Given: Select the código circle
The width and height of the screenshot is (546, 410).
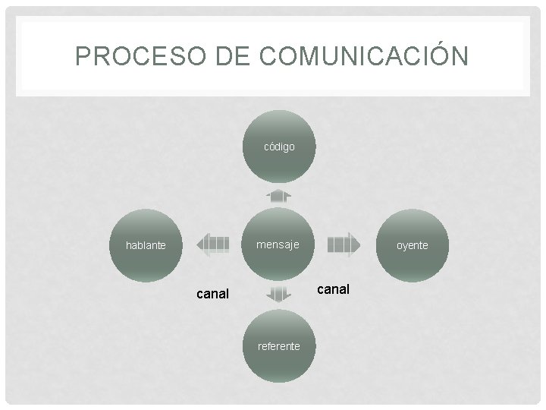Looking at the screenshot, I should tap(279, 147).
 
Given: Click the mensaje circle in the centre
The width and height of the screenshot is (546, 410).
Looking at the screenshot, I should tap(278, 244).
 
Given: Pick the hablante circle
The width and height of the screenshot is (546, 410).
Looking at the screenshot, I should tap(146, 245).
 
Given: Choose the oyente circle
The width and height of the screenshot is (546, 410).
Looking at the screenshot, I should tap(413, 245).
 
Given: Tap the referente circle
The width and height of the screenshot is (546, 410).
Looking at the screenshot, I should tap(279, 346).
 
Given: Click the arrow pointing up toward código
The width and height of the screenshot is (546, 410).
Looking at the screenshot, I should tap(279, 195).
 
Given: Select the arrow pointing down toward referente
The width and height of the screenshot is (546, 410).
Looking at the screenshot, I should tap(279, 295).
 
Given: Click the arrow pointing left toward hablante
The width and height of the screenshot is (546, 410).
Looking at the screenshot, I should tap(212, 244).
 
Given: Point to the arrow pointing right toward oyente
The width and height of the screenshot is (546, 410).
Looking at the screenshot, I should tap(344, 244).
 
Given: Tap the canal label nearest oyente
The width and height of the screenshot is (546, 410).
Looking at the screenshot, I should tap(333, 289).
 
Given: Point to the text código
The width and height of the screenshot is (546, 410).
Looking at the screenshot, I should tap(279, 147).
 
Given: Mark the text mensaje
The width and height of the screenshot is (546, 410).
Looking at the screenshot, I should tap(278, 244).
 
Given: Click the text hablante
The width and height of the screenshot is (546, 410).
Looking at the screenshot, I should tap(146, 245).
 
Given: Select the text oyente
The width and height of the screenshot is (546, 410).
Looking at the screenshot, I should tap(413, 245).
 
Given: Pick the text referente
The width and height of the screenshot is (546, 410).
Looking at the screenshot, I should tap(279, 346).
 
